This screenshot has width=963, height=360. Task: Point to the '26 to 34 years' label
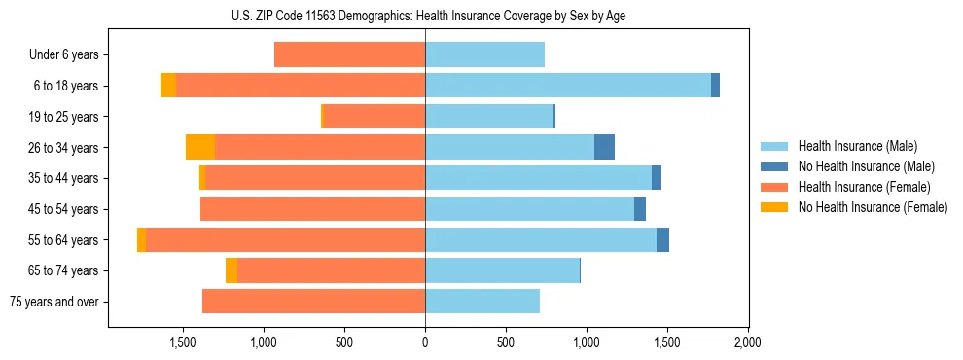tap(65, 148)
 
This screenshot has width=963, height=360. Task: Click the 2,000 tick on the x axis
tap(747, 342)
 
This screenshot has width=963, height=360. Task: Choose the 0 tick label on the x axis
tap(425, 342)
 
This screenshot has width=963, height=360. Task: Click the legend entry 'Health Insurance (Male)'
tap(857, 146)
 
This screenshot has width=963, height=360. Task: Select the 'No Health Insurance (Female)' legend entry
tap(873, 207)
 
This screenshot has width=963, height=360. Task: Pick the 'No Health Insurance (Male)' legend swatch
tap(775, 166)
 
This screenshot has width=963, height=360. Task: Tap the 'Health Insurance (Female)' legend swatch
tap(775, 187)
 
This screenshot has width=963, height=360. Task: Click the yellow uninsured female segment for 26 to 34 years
tap(200, 147)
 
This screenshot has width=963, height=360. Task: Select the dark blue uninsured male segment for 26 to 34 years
tap(604, 147)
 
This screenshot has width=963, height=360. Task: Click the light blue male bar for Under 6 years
tap(484, 54)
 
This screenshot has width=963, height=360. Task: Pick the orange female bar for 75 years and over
tap(313, 302)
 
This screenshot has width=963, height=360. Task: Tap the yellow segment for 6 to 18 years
tap(168, 86)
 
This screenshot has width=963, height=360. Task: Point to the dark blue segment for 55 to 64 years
tap(662, 239)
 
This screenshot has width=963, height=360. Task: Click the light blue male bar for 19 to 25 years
tap(488, 117)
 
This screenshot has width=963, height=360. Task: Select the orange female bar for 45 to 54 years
tap(312, 209)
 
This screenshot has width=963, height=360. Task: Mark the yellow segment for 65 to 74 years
tap(232, 270)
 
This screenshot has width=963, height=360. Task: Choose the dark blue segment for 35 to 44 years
tap(657, 178)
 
